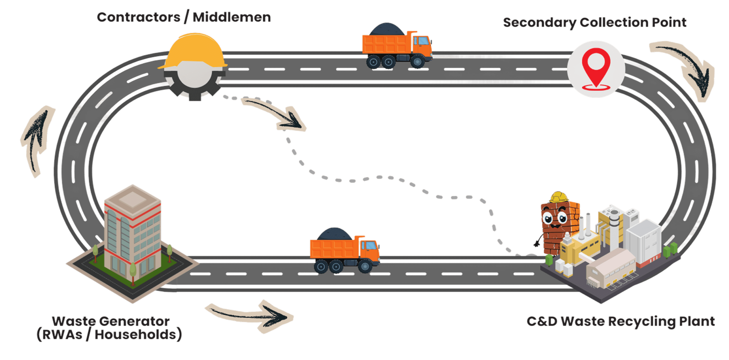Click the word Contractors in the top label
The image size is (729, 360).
tap(139, 17)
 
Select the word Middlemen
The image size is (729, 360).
tap(232, 17)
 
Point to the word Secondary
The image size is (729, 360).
tap(539, 23)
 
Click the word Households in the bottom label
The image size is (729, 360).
tap(135, 335)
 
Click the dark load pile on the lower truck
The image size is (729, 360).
tap(335, 234)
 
